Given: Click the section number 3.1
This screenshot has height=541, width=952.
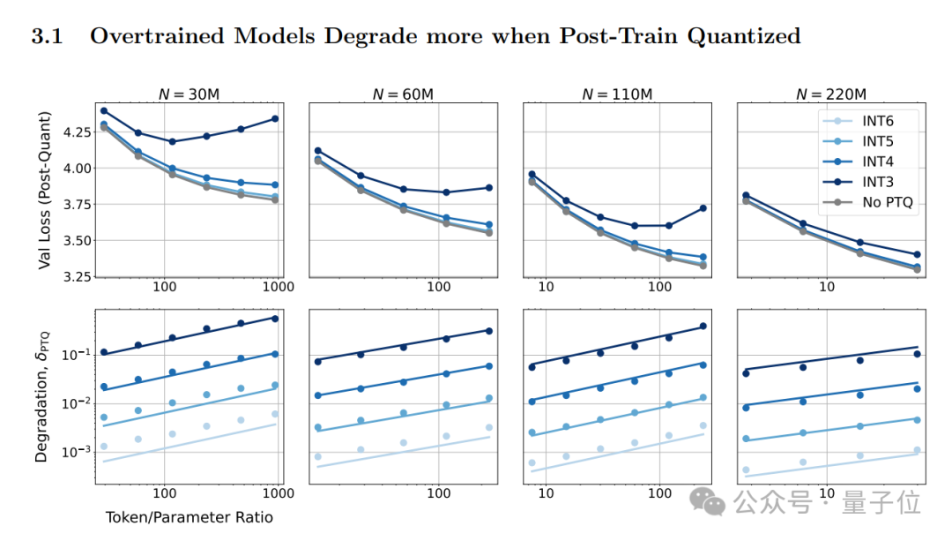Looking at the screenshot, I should (50, 36).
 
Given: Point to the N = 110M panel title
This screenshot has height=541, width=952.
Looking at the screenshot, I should (617, 94).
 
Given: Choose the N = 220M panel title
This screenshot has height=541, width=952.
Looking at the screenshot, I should (831, 94).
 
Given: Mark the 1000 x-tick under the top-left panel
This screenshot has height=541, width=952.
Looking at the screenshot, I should (279, 289).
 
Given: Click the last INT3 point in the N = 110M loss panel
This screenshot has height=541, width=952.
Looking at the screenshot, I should (702, 208).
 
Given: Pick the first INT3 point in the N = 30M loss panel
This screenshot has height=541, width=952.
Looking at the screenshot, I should (104, 111).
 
